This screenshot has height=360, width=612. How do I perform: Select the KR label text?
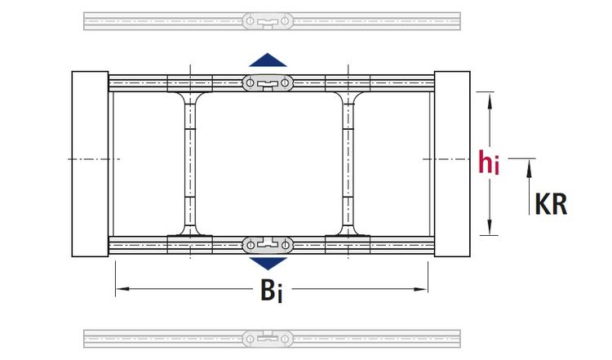(551, 203)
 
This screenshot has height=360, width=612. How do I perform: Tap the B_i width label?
(271, 291)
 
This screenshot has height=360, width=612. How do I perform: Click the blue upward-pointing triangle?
(268, 60)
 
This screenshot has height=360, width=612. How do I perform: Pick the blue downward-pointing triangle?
(268, 264)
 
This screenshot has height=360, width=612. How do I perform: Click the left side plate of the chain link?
(90, 164)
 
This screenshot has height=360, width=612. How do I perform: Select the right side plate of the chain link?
(451, 164)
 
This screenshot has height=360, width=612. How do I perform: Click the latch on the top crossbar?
(268, 82)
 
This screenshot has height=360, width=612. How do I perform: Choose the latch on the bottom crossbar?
(268, 244)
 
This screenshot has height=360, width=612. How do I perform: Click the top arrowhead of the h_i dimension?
(490, 100)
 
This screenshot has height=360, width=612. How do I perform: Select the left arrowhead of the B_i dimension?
(119, 288)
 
